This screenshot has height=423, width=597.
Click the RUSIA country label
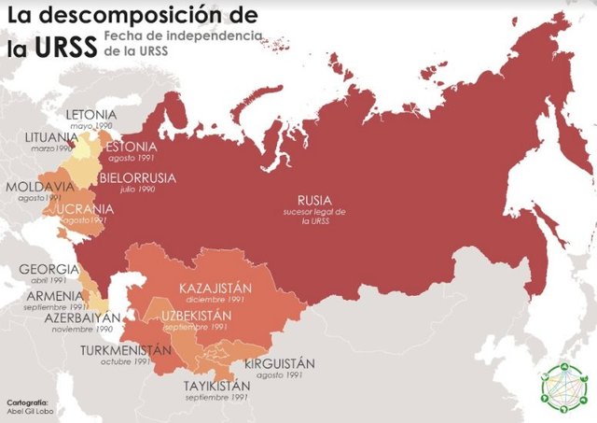coord(313,200)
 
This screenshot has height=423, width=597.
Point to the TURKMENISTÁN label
coord(127,350)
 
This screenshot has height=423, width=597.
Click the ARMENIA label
coord(55,294)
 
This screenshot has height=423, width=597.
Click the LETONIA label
coord(91,115)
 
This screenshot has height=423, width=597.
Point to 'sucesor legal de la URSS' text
coord(314,218)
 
